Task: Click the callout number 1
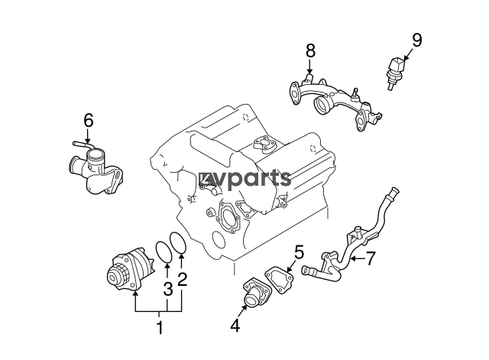point(160,327)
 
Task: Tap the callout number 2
point(182,279)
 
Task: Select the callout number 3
point(168,289)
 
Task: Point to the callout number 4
point(235,326)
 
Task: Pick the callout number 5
point(299,252)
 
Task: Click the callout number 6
point(89,120)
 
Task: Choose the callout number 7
point(370,258)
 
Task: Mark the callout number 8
point(310,51)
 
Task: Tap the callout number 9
point(417,40)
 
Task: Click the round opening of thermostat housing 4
point(251,302)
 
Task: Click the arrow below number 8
point(309,67)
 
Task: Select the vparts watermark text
point(244,179)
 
